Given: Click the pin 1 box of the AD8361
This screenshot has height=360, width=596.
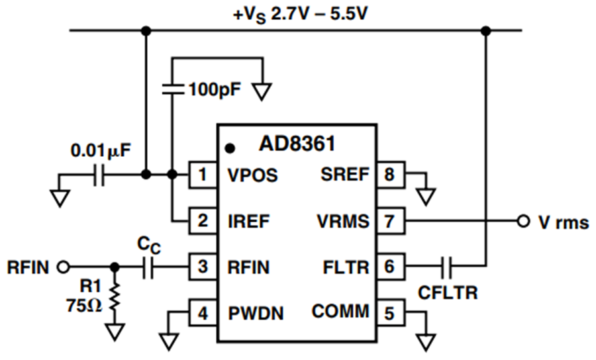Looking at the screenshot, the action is [203, 175].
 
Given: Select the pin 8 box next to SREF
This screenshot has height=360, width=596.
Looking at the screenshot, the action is [390, 174].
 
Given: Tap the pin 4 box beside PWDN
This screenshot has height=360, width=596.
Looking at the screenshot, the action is [203, 313].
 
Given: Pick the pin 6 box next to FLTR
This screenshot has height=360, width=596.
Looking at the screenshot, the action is [390, 267].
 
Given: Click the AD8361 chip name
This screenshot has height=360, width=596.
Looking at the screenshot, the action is [297, 144].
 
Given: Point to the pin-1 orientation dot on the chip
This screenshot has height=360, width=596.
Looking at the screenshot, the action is [230, 148].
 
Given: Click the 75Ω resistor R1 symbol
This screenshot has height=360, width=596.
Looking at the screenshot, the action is [115, 297].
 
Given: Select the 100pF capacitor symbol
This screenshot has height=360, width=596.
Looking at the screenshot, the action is [173, 89].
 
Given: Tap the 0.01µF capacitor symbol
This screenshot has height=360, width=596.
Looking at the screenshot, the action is [99, 175].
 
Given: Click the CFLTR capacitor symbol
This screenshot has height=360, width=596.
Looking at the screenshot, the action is [446, 267].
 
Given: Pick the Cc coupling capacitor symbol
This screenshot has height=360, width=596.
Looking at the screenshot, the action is [148, 267].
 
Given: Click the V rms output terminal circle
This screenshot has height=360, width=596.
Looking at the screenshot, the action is [523, 221].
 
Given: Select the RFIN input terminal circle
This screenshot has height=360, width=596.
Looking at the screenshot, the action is [64, 267].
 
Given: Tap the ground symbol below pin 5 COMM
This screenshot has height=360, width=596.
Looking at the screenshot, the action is [426, 342].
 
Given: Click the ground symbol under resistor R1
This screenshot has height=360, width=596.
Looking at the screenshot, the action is [115, 332].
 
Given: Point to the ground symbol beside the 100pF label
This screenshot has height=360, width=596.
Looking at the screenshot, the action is [262, 92].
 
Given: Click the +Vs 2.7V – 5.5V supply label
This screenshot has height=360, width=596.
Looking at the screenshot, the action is [300, 15].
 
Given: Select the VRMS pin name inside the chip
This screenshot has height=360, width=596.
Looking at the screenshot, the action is [343, 222].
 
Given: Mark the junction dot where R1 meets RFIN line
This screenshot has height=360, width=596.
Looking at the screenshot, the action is [115, 267].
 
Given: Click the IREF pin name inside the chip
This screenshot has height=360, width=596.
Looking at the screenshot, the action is [248, 222].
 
